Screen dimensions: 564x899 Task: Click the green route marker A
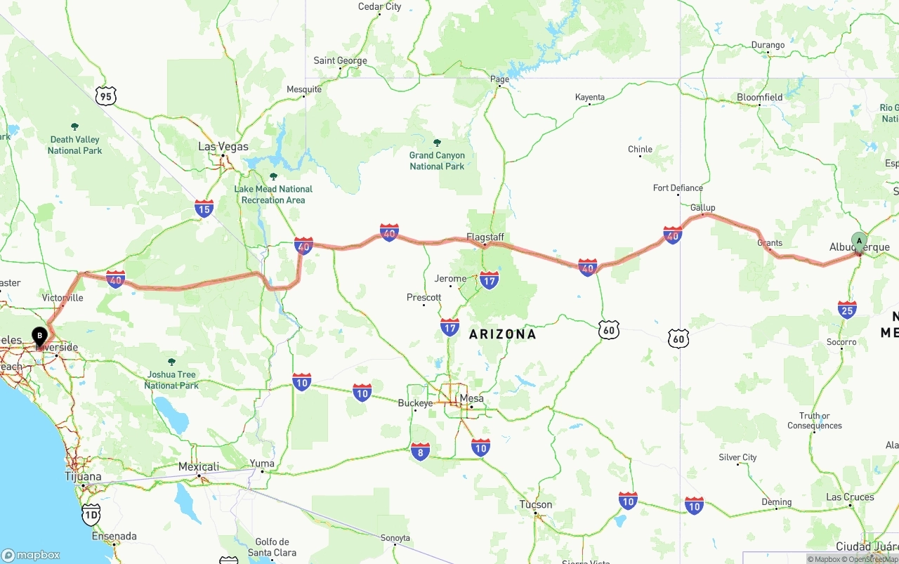point(859,242)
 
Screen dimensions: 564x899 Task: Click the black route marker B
point(39,336)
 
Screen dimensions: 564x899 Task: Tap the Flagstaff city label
point(485,237)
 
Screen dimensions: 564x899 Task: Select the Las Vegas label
point(223,147)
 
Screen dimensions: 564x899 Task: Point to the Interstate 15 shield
point(204,208)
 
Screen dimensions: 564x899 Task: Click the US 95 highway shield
point(105,96)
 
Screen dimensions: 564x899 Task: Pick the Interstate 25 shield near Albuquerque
point(847,309)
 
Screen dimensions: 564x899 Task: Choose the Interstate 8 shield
point(421,452)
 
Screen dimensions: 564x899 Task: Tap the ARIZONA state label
point(502,334)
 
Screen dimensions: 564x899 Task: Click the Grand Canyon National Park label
point(437,161)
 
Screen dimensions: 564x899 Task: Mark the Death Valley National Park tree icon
point(74,127)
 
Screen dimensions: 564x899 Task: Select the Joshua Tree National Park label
point(171,380)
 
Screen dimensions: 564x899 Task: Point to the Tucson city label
point(536,504)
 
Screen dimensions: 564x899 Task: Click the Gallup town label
point(702,208)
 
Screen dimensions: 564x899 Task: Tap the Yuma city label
point(262,463)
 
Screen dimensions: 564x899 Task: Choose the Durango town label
point(768,45)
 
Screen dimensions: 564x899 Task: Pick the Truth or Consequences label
point(815,421)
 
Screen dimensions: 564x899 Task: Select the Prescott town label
point(424,298)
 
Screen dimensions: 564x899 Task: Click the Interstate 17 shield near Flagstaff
point(490,280)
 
